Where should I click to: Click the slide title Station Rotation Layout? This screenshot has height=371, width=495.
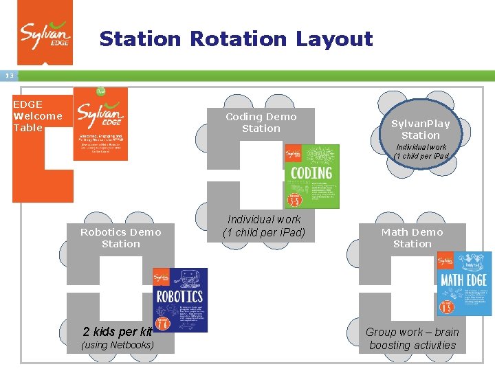click(236, 39)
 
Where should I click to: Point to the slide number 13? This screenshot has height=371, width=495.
click(9, 76)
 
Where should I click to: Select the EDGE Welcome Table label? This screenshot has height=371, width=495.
click(38, 116)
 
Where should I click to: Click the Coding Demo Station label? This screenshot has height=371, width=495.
click(261, 123)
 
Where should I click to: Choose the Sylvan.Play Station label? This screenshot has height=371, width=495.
click(421, 129)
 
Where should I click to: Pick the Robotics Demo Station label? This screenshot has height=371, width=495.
click(121, 238)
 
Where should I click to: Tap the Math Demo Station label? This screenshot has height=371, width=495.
click(412, 238)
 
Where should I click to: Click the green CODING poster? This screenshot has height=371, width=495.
click(312, 176)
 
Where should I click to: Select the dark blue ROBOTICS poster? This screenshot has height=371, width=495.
click(180, 300)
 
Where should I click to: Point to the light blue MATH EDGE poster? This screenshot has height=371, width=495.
click(465, 283)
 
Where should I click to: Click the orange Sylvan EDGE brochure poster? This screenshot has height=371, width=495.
click(100, 124)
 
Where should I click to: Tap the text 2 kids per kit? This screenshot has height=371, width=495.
click(117, 333)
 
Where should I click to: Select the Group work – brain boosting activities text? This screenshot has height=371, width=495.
click(412, 339)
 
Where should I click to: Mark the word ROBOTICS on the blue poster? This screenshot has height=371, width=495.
click(180, 297)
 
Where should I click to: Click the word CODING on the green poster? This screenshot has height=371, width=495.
click(311, 172)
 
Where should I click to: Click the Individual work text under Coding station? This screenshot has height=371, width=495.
click(264, 226)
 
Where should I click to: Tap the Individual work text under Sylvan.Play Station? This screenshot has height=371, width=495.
click(421, 151)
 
